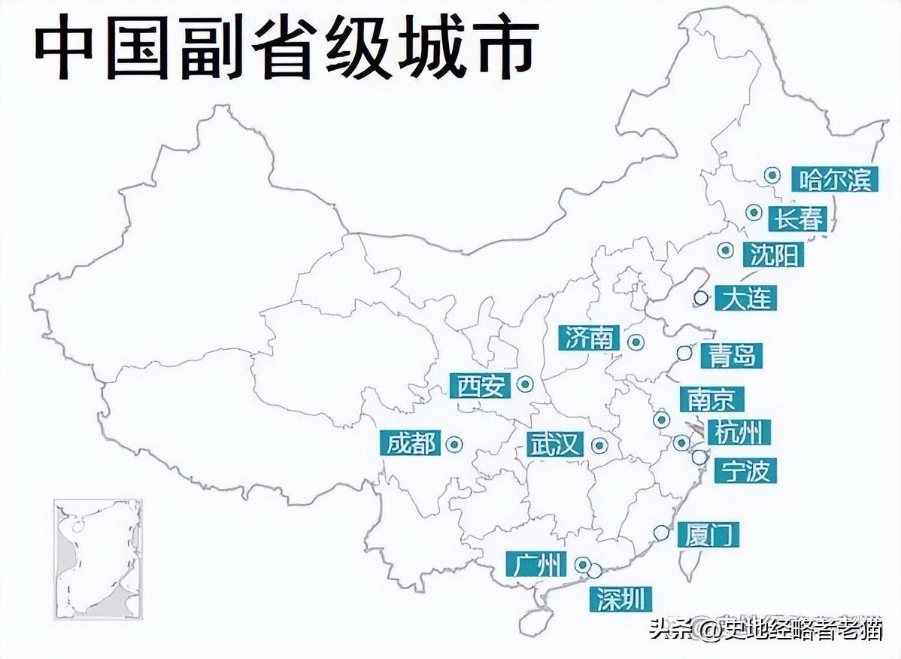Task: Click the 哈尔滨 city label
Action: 834,180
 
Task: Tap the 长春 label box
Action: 799,218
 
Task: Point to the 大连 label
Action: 745,298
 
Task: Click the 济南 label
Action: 590,338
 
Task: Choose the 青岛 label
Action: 732,355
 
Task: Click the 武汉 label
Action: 555,445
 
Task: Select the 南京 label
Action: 711,399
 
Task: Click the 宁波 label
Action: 745,470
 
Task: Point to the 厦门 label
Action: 708,534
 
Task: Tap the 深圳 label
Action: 620,599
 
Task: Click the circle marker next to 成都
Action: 454,445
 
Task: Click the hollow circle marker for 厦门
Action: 661,533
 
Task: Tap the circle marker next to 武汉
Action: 599,445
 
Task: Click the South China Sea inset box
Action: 98,559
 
